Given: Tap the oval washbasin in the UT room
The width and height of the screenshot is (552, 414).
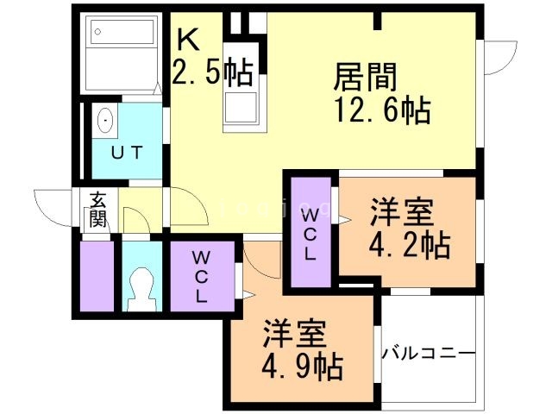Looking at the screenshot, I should tap(105, 121).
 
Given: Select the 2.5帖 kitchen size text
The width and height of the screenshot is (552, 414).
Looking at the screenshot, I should tap(212, 74).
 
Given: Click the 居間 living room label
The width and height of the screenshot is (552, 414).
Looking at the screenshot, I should tap(366, 78).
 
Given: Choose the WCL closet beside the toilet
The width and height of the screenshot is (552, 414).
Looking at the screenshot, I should tap(200, 276).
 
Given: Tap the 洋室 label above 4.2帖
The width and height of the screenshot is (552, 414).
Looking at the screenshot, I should tap(402, 212).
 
